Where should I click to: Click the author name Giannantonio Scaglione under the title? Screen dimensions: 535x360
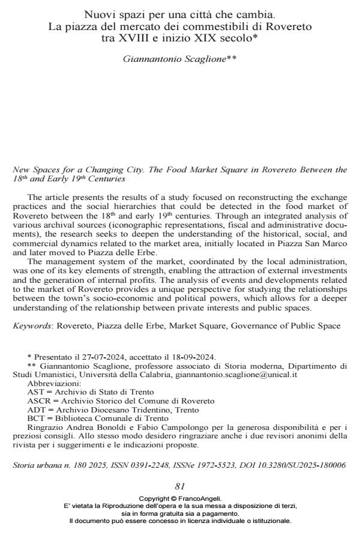[180, 61]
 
